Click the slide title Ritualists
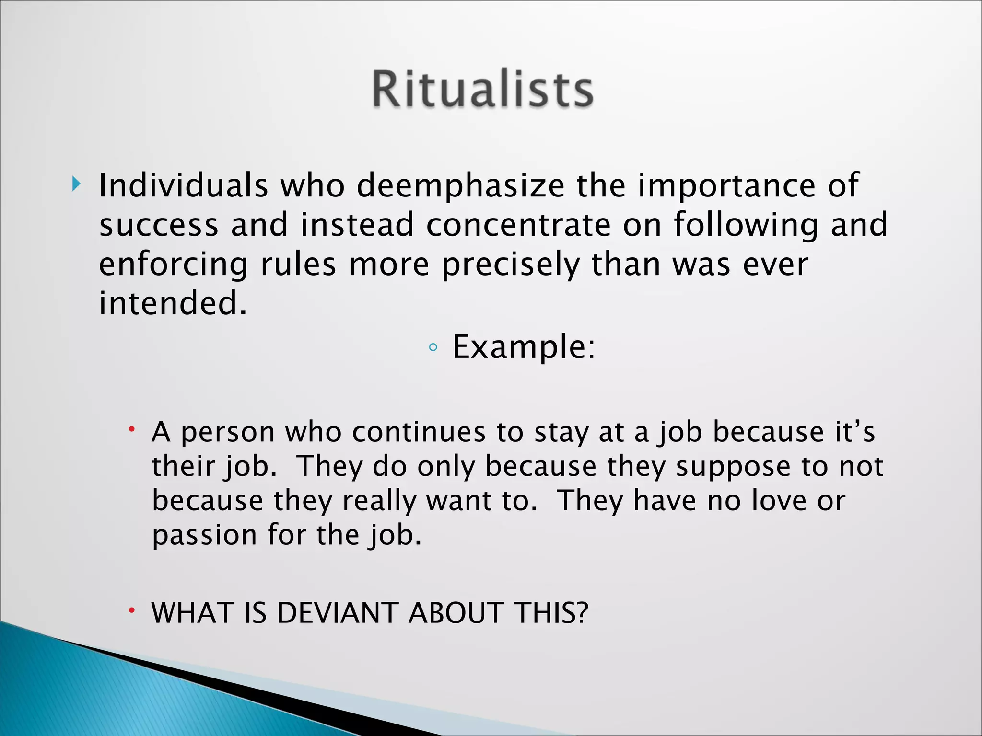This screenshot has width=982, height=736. (x=483, y=90)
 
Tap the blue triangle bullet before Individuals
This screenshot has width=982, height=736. (x=76, y=184)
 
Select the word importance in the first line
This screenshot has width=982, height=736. (x=726, y=186)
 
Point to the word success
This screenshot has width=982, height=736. (x=159, y=225)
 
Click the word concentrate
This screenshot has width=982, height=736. (x=518, y=225)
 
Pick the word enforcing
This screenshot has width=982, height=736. (x=173, y=265)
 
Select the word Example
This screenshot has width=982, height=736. (x=523, y=347)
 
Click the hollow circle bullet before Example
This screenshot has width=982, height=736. (x=433, y=348)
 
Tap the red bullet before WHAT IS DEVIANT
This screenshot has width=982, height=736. (x=131, y=610)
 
